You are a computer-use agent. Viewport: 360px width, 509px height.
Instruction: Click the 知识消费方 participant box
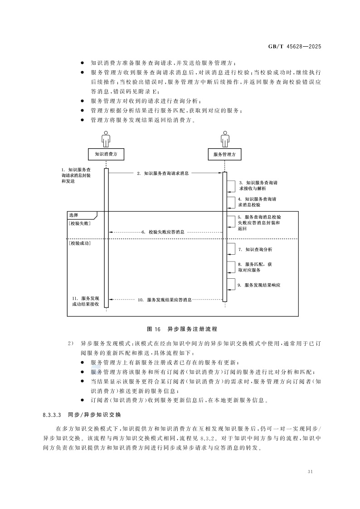[106, 154]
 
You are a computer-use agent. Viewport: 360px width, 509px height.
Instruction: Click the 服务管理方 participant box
[224, 154]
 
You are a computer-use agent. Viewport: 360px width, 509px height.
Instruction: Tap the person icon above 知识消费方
[106, 139]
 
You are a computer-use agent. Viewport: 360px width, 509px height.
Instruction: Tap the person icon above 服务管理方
[224, 139]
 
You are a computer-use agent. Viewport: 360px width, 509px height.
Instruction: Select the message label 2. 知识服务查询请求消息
[163, 173]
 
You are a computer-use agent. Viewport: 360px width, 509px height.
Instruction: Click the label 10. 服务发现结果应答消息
[164, 300]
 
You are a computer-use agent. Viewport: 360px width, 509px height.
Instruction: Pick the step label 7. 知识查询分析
[256, 249]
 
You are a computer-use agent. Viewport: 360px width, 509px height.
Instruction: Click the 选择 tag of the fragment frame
[73, 215]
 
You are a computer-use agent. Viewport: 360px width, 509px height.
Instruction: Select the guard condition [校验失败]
[79, 223]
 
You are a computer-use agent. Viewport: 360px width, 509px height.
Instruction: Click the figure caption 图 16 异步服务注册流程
[182, 328]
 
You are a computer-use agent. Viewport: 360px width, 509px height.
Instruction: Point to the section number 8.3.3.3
[52, 415]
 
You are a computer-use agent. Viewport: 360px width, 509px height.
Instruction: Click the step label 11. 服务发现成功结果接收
[85, 301]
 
